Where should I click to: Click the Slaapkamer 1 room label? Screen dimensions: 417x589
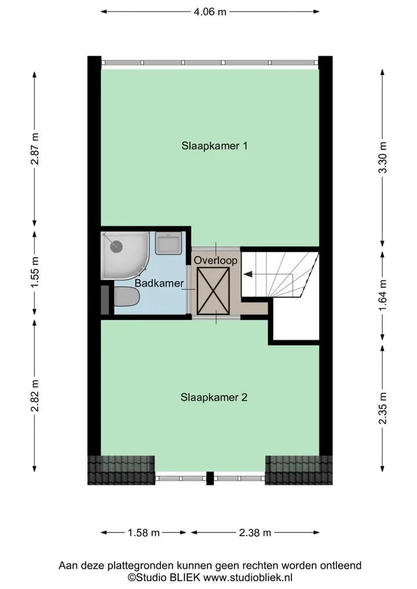tap(214, 146)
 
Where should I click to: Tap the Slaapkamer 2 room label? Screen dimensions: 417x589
tap(214, 397)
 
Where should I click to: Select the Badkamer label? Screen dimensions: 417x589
tap(159, 283)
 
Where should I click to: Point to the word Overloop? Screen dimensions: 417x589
tap(215, 260)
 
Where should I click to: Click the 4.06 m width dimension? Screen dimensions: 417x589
tap(210, 12)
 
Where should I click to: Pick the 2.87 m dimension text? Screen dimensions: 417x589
tap(35, 149)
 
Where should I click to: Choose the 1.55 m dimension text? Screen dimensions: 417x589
tap(35, 273)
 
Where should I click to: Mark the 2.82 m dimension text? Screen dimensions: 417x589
tap(35, 396)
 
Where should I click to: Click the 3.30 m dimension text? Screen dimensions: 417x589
tap(383, 158)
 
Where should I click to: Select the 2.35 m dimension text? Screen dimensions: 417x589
tap(383, 408)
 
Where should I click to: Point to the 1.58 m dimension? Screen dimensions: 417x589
tap(144, 532)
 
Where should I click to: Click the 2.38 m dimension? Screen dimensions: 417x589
tap(255, 532)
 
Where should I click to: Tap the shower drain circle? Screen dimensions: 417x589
tap(116, 246)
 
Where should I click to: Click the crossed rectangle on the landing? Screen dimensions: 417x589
tap(213, 291)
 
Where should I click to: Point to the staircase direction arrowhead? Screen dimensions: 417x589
tap(247, 274)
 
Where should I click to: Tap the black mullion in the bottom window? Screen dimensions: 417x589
tap(210, 478)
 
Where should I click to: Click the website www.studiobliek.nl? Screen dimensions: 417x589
tap(248, 577)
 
